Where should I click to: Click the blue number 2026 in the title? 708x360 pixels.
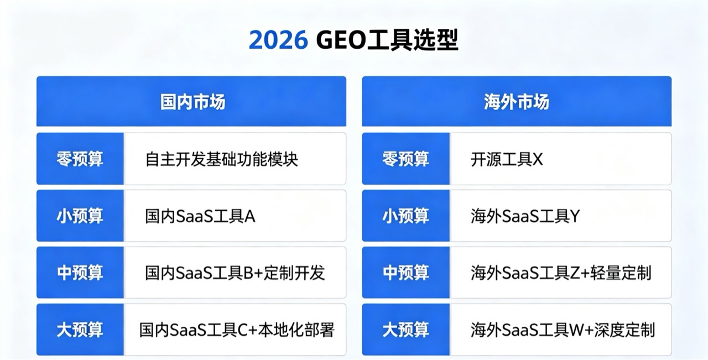(x=278, y=40)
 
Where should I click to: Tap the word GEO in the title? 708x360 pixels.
(x=341, y=40)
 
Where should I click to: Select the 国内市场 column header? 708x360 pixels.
(x=192, y=102)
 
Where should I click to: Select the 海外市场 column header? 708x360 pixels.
(x=517, y=102)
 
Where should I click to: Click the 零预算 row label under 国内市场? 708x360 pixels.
(x=80, y=159)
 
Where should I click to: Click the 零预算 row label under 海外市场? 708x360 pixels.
(x=405, y=159)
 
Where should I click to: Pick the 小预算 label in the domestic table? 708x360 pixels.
(x=80, y=216)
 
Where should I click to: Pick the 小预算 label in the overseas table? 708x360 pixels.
(x=405, y=216)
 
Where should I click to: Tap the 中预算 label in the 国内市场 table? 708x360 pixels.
(x=80, y=273)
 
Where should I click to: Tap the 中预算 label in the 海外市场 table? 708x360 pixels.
(x=405, y=273)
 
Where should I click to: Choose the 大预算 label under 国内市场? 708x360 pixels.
(x=80, y=330)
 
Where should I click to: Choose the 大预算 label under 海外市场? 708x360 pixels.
(x=405, y=330)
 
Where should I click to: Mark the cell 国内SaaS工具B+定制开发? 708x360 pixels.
(x=235, y=273)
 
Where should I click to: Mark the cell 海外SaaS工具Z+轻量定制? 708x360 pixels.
(x=561, y=273)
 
